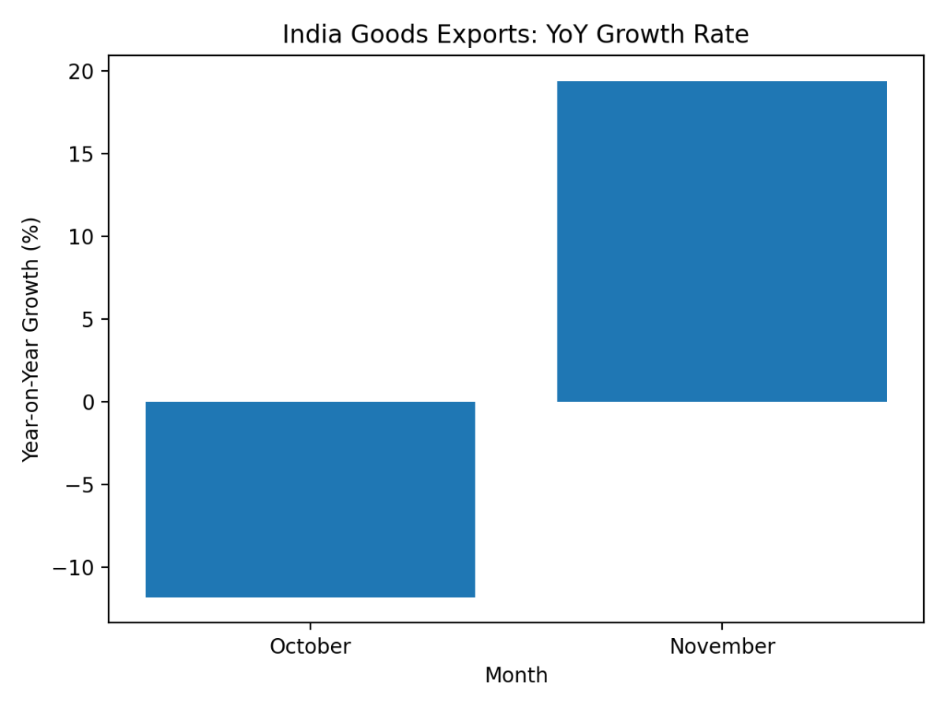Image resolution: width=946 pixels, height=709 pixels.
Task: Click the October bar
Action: coord(310,499)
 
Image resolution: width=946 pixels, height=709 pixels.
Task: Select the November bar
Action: coord(721,241)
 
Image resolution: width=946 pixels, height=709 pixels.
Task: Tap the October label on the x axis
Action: coord(310,647)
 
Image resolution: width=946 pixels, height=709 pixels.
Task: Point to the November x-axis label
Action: coord(721,647)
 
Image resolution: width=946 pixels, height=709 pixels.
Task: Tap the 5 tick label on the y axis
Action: coord(88,320)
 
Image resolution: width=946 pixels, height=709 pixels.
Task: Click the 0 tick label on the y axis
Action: coord(88,403)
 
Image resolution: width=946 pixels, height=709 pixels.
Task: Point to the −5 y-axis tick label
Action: coord(76,485)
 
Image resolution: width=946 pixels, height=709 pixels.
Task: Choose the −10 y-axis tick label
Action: coord(72,568)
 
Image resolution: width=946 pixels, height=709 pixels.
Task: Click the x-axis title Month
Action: coord(516,676)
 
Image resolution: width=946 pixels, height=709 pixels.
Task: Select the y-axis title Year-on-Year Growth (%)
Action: coord(31,340)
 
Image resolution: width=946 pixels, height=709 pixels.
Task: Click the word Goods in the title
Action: coord(374,35)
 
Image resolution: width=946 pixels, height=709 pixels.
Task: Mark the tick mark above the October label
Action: coord(310,625)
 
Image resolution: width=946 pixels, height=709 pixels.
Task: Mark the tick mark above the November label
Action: coord(721,625)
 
